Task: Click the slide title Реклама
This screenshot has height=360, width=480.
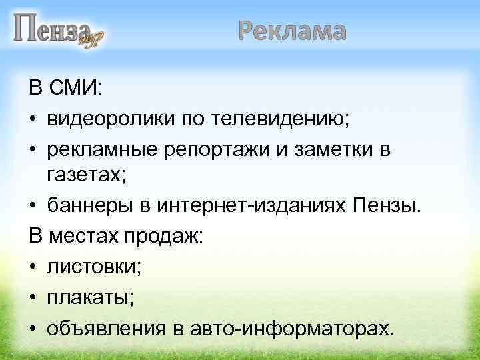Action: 292,31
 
